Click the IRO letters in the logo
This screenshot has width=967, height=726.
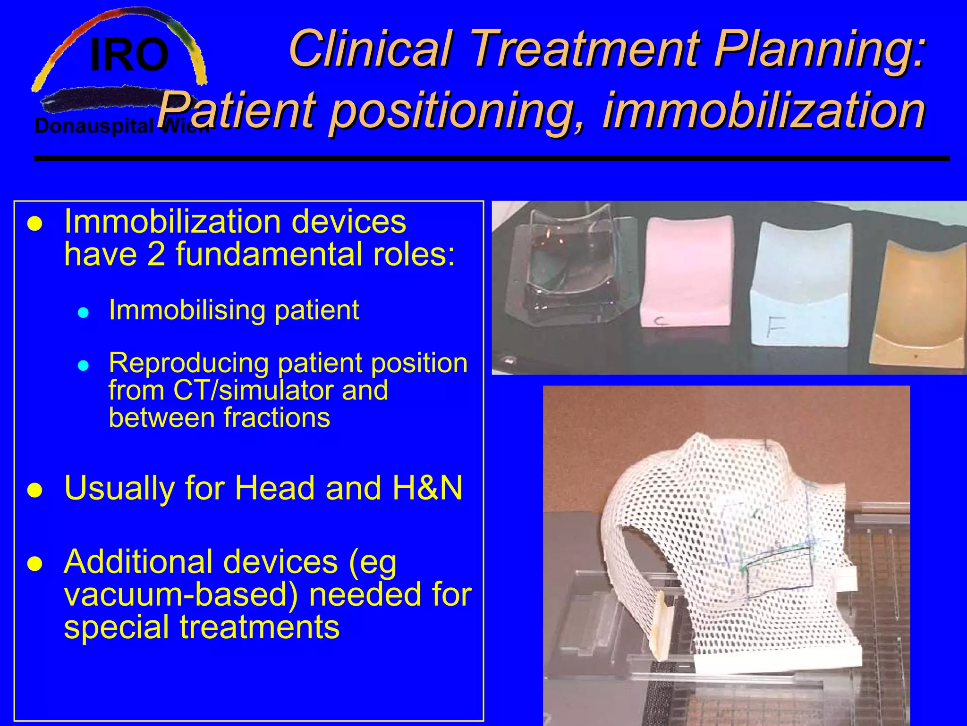tap(129, 55)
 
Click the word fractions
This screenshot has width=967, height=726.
tap(277, 418)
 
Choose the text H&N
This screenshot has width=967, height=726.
tap(427, 488)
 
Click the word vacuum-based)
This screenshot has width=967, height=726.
tap(181, 594)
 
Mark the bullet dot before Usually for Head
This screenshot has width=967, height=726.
tap(35, 490)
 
